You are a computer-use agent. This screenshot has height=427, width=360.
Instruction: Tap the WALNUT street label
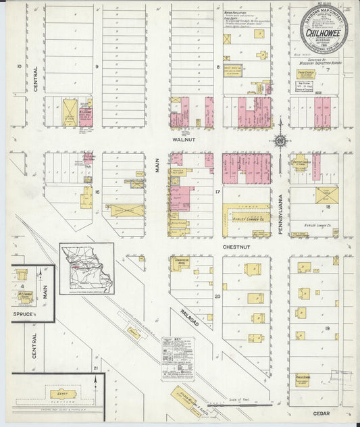click(183, 140)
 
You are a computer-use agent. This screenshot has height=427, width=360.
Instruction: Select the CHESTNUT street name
click(236, 248)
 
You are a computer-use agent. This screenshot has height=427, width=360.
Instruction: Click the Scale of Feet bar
click(250, 404)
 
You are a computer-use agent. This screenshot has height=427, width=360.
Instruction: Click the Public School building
click(302, 380)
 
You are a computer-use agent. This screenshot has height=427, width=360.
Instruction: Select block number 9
click(97, 66)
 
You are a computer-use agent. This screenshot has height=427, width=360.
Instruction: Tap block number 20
click(217, 296)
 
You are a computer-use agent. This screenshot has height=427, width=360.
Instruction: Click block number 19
click(326, 328)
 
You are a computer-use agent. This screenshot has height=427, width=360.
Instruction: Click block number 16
click(97, 193)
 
